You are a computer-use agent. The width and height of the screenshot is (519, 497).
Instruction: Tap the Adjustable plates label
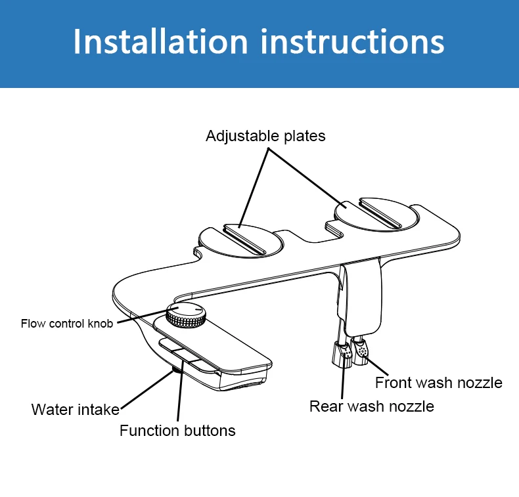point(265,136)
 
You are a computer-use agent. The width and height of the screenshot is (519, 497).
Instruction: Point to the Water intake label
point(75,410)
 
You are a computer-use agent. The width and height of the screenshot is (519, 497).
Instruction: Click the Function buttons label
point(177,431)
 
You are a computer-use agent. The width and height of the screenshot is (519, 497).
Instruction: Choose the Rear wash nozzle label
point(371,406)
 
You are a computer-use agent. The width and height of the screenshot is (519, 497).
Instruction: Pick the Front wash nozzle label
point(438,382)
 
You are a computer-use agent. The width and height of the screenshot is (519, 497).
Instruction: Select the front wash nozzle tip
point(361,351)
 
